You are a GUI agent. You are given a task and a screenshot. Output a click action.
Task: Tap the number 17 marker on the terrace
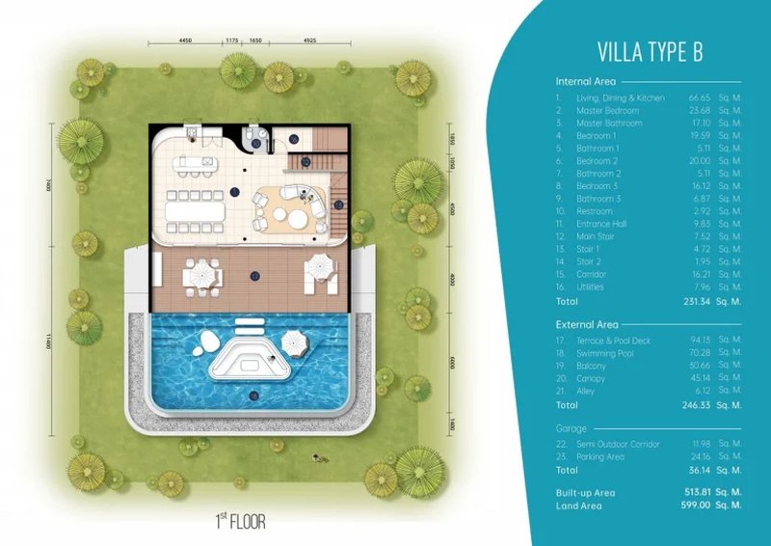point(255,276)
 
